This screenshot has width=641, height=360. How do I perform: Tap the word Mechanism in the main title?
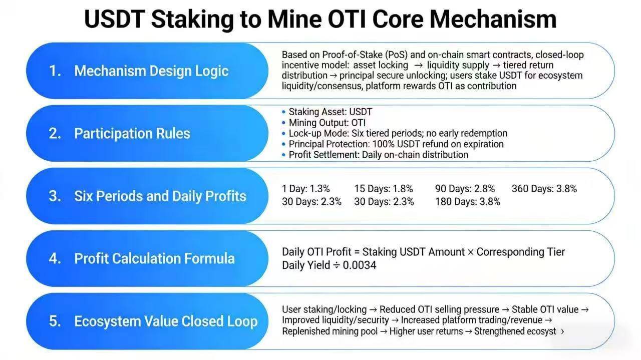click(x=493, y=19)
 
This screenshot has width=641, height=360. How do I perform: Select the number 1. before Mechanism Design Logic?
click(x=55, y=71)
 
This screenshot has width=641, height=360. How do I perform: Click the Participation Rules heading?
click(x=132, y=133)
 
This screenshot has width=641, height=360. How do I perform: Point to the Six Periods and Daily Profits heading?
click(x=160, y=196)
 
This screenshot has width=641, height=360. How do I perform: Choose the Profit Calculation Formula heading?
click(x=155, y=258)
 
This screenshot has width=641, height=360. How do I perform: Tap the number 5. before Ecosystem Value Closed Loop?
click(x=55, y=321)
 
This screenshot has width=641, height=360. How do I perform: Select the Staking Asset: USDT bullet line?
click(x=330, y=112)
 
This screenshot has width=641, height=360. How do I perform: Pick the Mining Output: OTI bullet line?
click(x=327, y=123)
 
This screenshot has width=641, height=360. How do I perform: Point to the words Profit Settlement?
click(x=324, y=155)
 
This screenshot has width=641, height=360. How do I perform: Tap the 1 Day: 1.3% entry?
click(x=305, y=189)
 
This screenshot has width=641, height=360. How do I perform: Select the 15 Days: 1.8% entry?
click(x=384, y=189)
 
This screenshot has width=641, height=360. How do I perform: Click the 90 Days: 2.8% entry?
click(x=465, y=189)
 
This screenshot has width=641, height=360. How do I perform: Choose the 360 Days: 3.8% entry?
click(x=544, y=189)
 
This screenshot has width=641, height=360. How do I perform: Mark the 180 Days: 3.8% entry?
click(x=468, y=202)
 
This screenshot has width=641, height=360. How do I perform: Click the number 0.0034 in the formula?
click(x=360, y=265)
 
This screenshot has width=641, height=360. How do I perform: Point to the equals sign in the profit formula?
click(x=357, y=252)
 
